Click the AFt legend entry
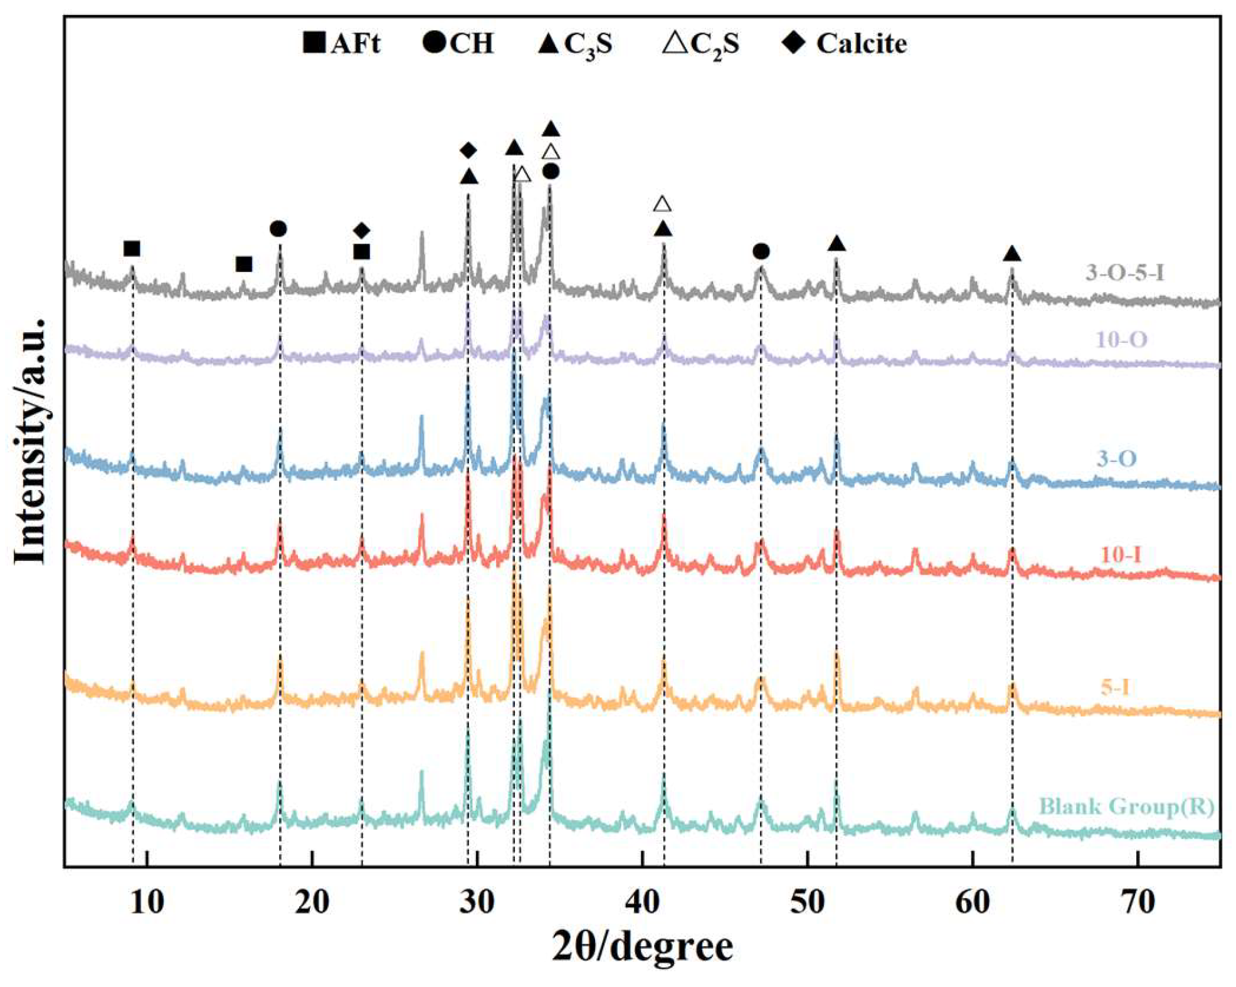tap(341, 44)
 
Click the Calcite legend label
tap(845, 44)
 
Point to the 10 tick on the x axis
tap(147, 902)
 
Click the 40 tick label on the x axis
tap(642, 902)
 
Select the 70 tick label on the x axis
tap(1138, 902)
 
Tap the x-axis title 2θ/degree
tap(642, 946)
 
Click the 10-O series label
tap(1121, 340)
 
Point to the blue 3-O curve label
tap(1116, 459)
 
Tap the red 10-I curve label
tap(1121, 555)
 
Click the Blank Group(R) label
tap(1126, 807)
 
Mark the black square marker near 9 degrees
tap(132, 249)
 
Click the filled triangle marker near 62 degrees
tap(1012, 254)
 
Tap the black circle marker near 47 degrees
tap(761, 251)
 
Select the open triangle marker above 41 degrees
tap(662, 204)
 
